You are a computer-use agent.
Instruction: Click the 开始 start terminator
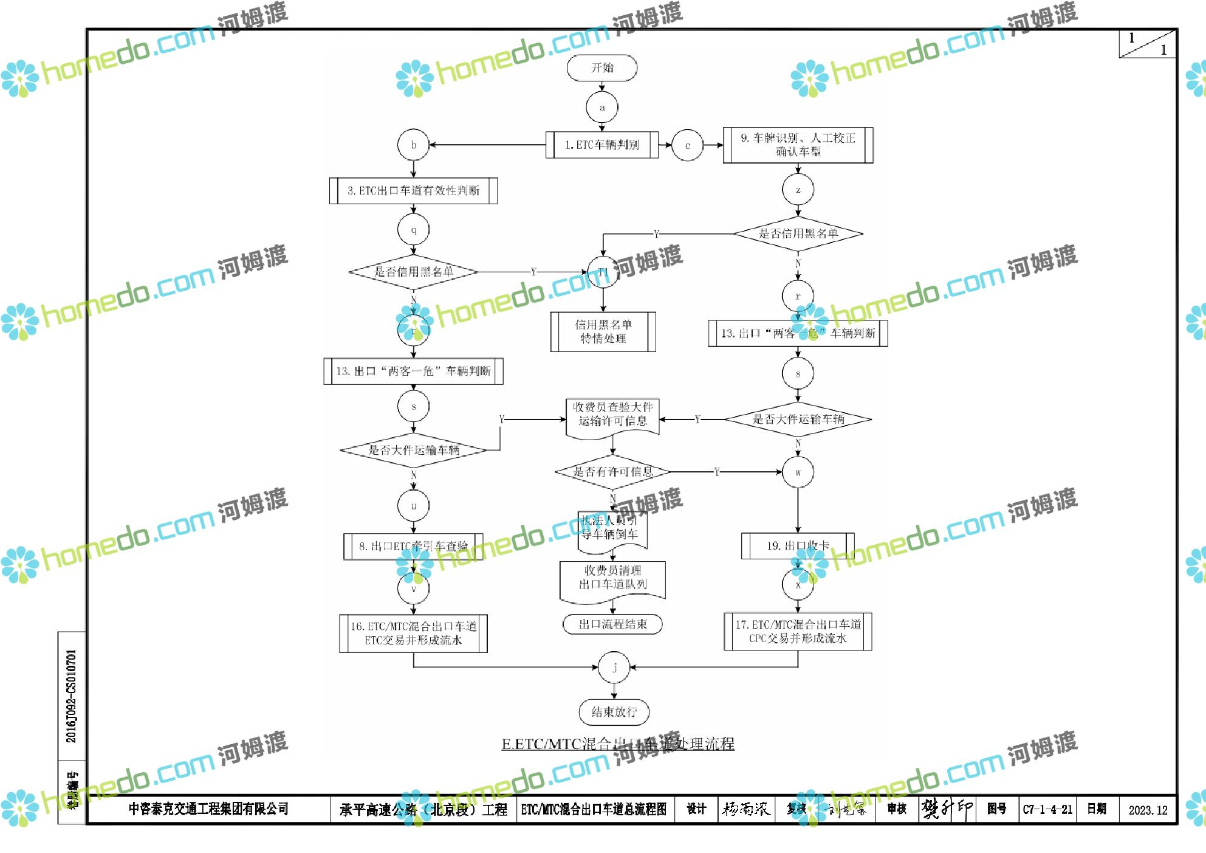(x=601, y=67)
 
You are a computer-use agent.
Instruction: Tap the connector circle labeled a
(x=601, y=108)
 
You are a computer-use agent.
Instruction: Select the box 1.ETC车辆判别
(x=601, y=145)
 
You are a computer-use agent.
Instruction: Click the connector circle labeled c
(x=687, y=145)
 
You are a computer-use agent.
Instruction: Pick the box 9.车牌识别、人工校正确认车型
(x=798, y=145)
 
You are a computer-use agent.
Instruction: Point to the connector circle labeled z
(x=798, y=190)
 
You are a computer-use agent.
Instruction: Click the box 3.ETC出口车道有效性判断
(x=413, y=191)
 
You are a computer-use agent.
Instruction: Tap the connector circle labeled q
(x=413, y=230)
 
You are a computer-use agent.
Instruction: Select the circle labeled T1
(x=603, y=272)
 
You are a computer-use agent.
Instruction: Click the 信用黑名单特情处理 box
(x=603, y=331)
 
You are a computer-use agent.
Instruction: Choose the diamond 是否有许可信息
(x=612, y=472)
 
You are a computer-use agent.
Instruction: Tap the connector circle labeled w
(x=798, y=472)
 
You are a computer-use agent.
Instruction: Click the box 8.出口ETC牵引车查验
(x=413, y=546)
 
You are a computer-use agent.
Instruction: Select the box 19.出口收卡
(x=798, y=546)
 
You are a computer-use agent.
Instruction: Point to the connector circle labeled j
(x=614, y=668)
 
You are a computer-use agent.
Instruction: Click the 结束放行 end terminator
(x=614, y=712)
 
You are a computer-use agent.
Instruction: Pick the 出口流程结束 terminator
(x=612, y=624)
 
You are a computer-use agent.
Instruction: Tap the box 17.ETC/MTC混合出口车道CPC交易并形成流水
(x=798, y=632)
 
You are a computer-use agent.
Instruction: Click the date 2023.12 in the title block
(x=1148, y=810)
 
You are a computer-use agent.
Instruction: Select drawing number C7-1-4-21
(x=1047, y=810)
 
